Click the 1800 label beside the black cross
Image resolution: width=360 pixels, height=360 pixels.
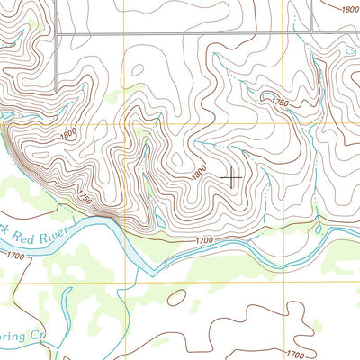(199, 169)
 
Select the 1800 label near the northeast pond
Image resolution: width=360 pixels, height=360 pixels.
(349, 9)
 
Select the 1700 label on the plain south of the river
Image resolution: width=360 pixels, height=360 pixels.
(292, 355)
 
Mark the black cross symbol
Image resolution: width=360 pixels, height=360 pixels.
(230, 177)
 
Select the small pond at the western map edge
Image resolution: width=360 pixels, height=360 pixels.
(5, 115)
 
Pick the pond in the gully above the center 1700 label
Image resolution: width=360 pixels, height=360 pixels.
(158, 220)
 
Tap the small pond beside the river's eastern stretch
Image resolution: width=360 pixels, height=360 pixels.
(317, 227)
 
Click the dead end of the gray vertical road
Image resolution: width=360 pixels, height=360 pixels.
(56, 91)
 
